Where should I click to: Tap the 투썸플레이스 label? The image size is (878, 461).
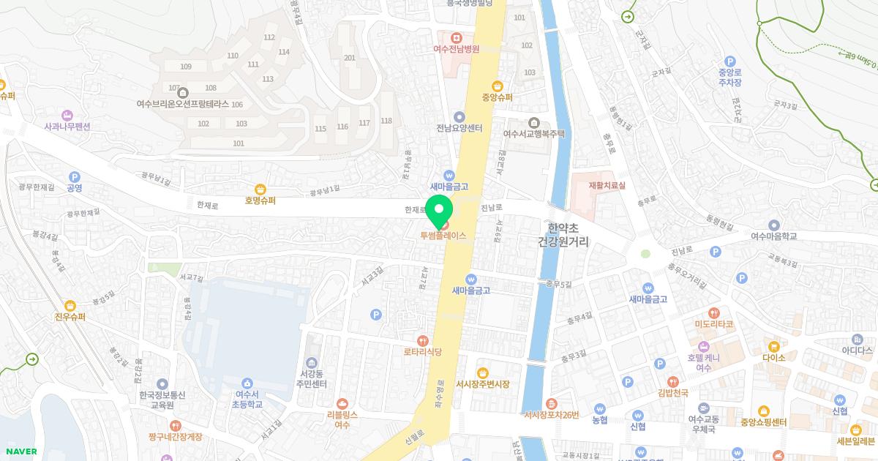point(443,236)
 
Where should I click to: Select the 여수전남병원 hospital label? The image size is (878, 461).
point(456,50)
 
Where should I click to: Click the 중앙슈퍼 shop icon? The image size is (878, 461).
point(498,85)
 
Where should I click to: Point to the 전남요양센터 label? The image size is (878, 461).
point(459,128)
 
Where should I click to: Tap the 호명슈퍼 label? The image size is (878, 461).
point(260,200)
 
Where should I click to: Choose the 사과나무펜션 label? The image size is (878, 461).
point(67,127)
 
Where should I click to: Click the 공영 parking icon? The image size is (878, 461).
point(74,176)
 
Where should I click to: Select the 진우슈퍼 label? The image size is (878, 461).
point(70,317)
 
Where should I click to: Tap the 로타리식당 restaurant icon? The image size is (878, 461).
point(423,340)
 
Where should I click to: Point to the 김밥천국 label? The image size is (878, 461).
point(673,393)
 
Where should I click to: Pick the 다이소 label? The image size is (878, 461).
point(773,358)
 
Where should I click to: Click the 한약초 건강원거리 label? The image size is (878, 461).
point(569,234)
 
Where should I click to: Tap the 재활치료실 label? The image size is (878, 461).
point(607,186)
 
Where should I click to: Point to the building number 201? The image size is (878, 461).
point(350,58)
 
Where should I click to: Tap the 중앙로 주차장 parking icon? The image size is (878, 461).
point(729,61)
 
